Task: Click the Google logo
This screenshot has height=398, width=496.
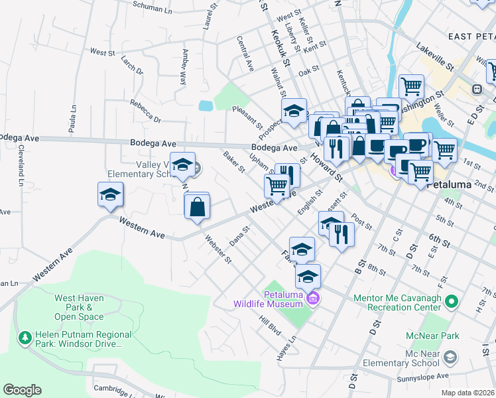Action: (22, 390)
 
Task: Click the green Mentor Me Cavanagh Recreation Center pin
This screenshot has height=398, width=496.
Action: (452, 303)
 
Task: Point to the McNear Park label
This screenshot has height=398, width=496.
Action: (434, 336)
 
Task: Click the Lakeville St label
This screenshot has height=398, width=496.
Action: (435, 57)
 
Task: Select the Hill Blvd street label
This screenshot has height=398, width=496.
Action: (271, 325)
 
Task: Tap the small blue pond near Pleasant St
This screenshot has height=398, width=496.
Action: (206, 105)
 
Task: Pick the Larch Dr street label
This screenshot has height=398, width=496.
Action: (132, 65)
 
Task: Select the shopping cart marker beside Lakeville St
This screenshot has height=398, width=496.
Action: (411, 86)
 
